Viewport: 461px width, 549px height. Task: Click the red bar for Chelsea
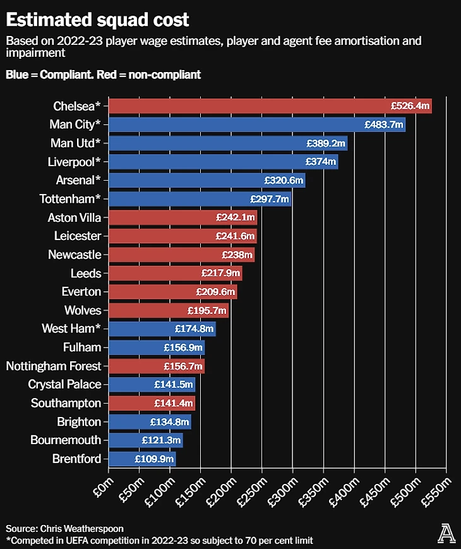coord(270,106)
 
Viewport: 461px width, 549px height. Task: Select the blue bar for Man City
coord(257,124)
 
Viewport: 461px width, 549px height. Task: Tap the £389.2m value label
coord(326,143)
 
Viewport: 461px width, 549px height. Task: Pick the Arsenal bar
coord(207,180)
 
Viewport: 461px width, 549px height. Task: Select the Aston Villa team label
coord(75,217)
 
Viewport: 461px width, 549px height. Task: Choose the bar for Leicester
coord(183,236)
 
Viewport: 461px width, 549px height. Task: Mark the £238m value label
coord(237,255)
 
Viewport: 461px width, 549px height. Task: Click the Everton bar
coord(172,292)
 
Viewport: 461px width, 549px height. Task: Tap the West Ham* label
coord(71,329)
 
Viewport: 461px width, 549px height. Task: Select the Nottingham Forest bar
coord(157,366)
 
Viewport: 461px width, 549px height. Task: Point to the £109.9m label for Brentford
coord(154,459)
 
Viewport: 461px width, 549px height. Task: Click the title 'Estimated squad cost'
coord(97,20)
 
